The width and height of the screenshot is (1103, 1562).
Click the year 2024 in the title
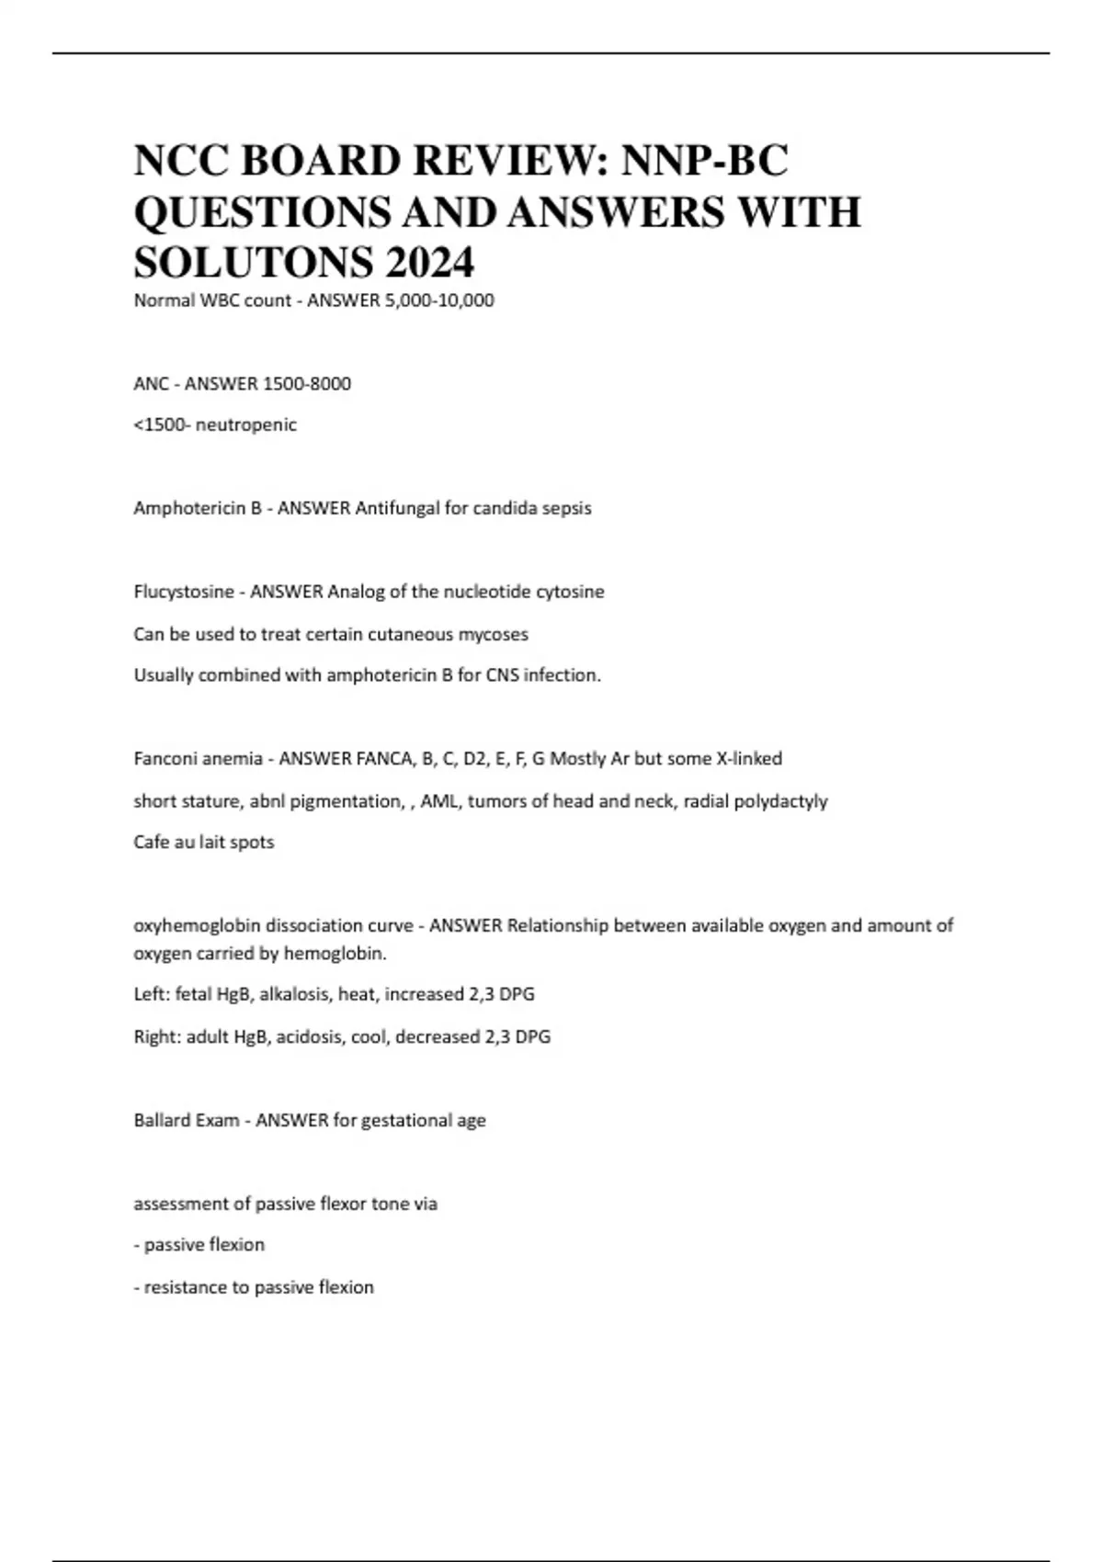click(429, 263)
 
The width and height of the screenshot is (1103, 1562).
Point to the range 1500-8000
click(307, 384)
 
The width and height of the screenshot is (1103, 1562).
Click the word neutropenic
click(246, 425)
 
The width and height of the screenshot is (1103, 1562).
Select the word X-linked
click(749, 759)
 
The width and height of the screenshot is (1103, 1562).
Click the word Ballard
click(161, 1121)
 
